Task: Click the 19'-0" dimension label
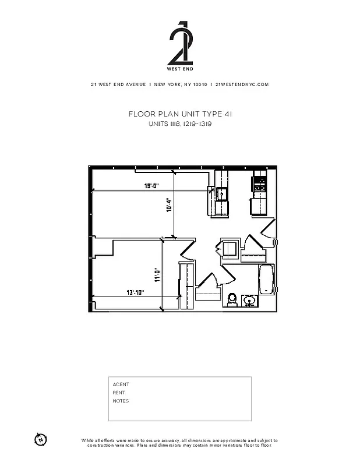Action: (151, 186)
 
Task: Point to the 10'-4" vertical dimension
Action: (169, 204)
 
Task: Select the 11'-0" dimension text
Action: (157, 274)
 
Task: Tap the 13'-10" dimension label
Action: (135, 292)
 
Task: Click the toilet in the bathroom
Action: (232, 299)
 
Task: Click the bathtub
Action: (266, 280)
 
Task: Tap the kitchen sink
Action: (221, 193)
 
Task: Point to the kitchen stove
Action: (259, 185)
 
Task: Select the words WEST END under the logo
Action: (179, 69)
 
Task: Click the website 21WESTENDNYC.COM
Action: (242, 84)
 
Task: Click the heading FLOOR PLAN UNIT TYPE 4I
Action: (180, 114)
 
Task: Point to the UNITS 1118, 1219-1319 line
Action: (180, 123)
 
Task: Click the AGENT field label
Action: (121, 384)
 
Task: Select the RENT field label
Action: (119, 393)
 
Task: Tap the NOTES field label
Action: (121, 401)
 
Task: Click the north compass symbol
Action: (40, 439)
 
